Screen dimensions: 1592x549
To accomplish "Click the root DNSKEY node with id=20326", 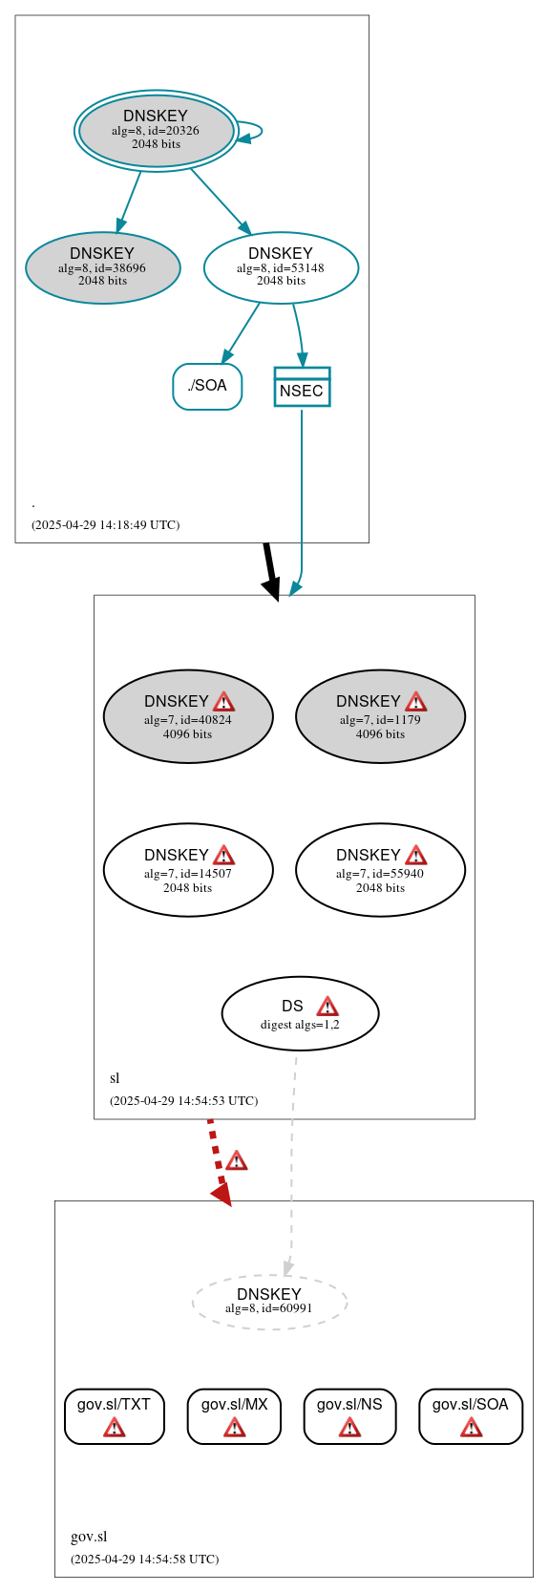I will click(x=157, y=131).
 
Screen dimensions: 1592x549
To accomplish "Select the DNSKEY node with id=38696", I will click(x=102, y=268).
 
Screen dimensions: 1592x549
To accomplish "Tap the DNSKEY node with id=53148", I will click(x=281, y=268).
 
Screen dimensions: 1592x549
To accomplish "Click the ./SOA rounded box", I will click(x=207, y=386).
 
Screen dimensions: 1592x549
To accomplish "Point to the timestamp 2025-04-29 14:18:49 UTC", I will click(x=105, y=525).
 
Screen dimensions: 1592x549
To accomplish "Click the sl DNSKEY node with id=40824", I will click(x=188, y=716).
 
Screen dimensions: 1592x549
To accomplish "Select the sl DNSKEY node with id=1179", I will click(x=380, y=716).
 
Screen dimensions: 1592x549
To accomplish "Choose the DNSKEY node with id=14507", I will click(x=188, y=870).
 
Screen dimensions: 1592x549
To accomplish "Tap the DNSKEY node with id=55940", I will click(x=380, y=870).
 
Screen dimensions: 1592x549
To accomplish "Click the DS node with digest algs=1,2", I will click(x=300, y=1013).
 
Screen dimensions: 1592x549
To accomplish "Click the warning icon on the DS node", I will click(x=327, y=1007).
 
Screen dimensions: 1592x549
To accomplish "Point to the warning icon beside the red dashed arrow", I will click(x=237, y=1160).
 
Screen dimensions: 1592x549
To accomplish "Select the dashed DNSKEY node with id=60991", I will click(x=269, y=1302).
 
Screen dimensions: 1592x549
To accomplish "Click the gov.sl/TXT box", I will click(x=115, y=1415).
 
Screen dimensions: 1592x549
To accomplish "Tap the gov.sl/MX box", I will click(x=234, y=1415).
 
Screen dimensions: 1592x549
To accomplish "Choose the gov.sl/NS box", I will click(x=349, y=1415).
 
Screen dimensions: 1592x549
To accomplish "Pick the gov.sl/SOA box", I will click(x=471, y=1415).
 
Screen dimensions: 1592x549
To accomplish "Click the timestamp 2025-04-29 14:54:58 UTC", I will click(x=144, y=1560).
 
